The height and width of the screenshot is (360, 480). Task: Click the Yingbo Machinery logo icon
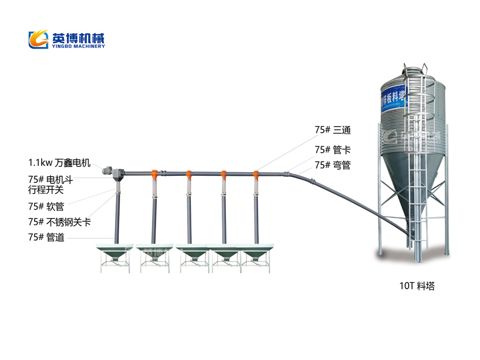[x=38, y=39]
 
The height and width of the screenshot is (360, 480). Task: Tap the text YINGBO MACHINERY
[x=78, y=46]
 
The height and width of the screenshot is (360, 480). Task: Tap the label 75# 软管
[x=46, y=206]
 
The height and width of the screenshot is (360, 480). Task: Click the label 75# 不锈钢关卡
[x=59, y=222]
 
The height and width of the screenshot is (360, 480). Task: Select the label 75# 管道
[x=46, y=237]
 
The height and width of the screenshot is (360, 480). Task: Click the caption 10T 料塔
[x=417, y=286]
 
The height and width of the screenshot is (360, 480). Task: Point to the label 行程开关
[x=46, y=190]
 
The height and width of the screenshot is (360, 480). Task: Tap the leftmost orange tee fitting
[x=154, y=175]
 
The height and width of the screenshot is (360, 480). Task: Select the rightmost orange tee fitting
[x=256, y=175]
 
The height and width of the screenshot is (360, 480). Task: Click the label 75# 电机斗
[x=50, y=180]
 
